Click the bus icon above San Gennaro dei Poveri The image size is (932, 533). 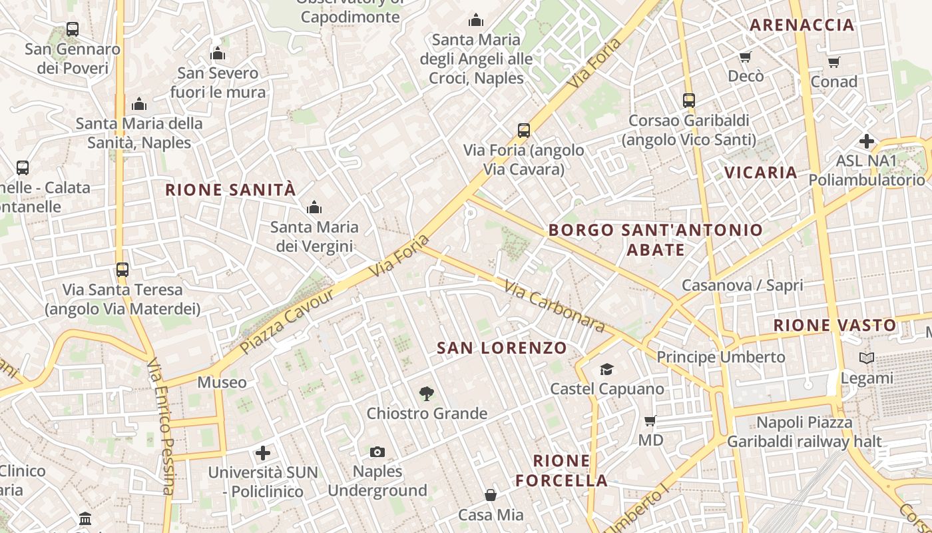click(x=73, y=29)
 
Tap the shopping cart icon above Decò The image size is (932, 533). click(x=746, y=57)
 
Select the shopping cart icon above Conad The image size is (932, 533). click(x=834, y=63)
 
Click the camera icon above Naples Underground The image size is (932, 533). click(x=377, y=452)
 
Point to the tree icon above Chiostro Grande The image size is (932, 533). click(x=427, y=394)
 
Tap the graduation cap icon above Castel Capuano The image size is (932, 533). click(x=606, y=369)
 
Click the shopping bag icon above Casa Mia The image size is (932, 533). click(x=491, y=495)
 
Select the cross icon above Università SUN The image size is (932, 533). click(x=263, y=454)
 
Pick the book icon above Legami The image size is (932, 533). click(x=866, y=358)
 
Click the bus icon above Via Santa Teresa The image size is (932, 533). click(x=122, y=270)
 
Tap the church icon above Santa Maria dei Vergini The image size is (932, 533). click(x=314, y=208)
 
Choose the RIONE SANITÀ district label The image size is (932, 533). click(x=230, y=190)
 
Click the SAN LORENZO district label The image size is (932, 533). click(x=502, y=348)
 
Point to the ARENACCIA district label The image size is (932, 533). click(x=802, y=25)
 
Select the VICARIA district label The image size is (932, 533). click(x=760, y=173)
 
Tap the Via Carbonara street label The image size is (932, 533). click(x=554, y=306)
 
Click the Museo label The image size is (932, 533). click(x=222, y=382)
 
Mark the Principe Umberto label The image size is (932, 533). click(x=721, y=357)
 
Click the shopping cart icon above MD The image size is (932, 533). click(x=650, y=420)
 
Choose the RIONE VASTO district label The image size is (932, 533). click(x=835, y=326)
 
